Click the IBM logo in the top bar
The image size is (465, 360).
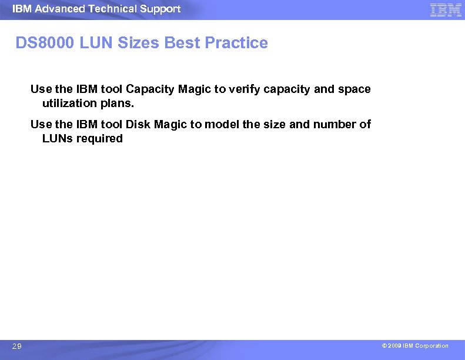pos(446,9)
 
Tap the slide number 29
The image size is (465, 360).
pos(17,346)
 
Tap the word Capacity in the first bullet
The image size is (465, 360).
pos(147,89)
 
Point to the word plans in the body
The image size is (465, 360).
pos(116,104)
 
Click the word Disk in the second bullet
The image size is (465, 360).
pos(138,125)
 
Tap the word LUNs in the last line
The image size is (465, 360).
pos(58,139)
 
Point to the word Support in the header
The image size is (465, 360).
pos(160,9)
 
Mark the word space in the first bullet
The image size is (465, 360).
pos(355,89)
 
